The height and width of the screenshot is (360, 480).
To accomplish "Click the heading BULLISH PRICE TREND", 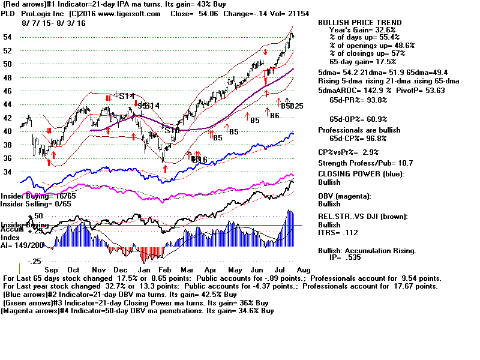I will point(359,23).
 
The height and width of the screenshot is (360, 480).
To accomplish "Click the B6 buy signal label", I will point(275,115).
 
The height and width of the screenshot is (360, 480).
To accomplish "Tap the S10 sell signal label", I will point(172,130).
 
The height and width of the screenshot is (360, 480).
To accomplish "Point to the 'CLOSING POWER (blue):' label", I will point(361,174).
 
